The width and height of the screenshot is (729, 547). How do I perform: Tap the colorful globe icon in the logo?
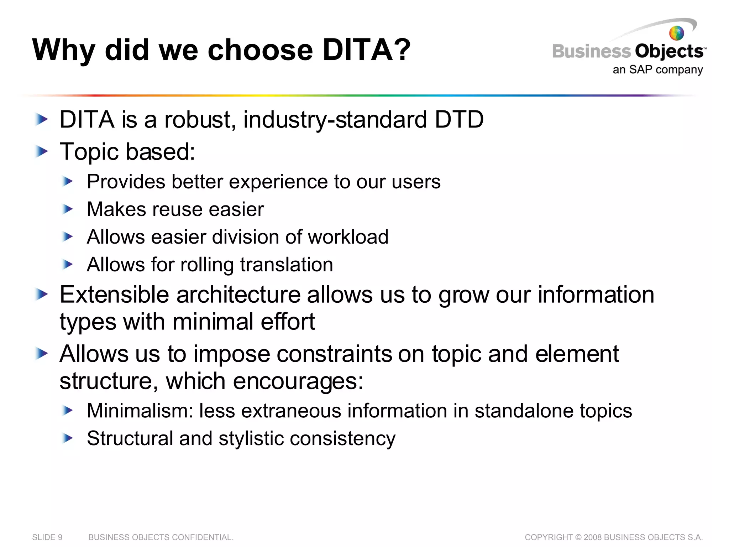coord(676,33)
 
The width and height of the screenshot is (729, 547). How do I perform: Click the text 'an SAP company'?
coord(657,69)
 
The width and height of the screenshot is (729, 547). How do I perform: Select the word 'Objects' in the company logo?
coord(668,52)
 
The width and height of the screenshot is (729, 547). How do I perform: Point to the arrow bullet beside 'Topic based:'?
coord(42,152)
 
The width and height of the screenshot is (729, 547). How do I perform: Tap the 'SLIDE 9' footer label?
coord(47,537)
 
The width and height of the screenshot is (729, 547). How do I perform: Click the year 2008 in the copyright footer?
coord(592,537)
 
